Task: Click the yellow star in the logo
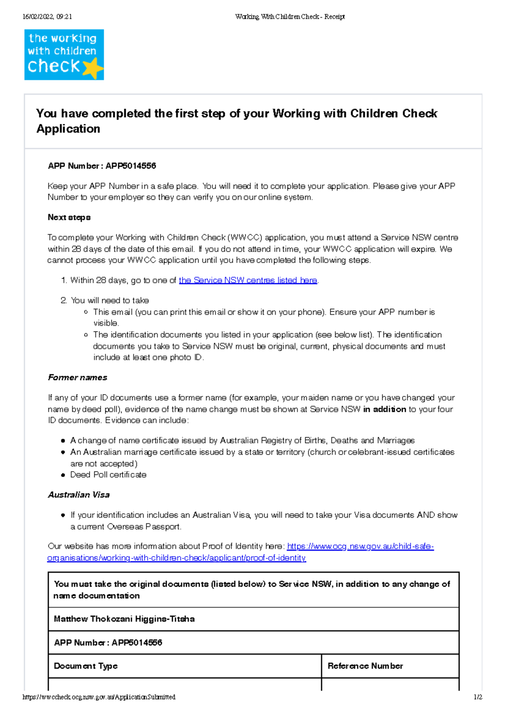coord(93,68)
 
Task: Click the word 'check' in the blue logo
coord(53,66)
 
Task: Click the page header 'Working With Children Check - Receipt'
coord(290,17)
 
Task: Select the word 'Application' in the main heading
coord(68,129)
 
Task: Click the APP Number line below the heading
coord(102,166)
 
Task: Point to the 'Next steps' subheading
coord(69,218)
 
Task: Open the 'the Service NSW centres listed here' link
coord(248,280)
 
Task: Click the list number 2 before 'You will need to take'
coord(64,300)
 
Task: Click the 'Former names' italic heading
coord(77,377)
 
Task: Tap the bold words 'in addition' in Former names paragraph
coord(384,409)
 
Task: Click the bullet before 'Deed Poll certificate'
coord(63,475)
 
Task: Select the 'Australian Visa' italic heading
coord(79,495)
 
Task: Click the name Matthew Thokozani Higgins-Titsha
coord(124,619)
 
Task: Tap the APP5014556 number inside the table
coord(137,642)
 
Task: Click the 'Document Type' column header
coord(86,666)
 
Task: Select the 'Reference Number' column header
coord(365,666)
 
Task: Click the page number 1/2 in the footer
coord(478,697)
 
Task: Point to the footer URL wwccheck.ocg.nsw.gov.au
coord(99,697)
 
